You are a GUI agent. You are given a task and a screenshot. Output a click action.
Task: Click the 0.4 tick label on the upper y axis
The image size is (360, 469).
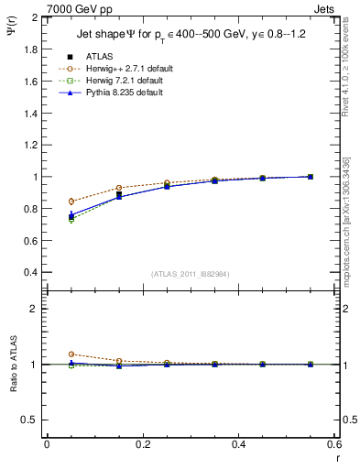pos(30,273)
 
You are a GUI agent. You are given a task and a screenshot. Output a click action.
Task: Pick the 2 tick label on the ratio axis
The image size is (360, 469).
pos(36,310)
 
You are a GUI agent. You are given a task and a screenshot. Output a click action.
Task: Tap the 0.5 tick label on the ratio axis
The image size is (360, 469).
pos(30,420)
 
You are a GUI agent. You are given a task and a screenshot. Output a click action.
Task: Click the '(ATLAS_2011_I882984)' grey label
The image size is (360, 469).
pos(190,274)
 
